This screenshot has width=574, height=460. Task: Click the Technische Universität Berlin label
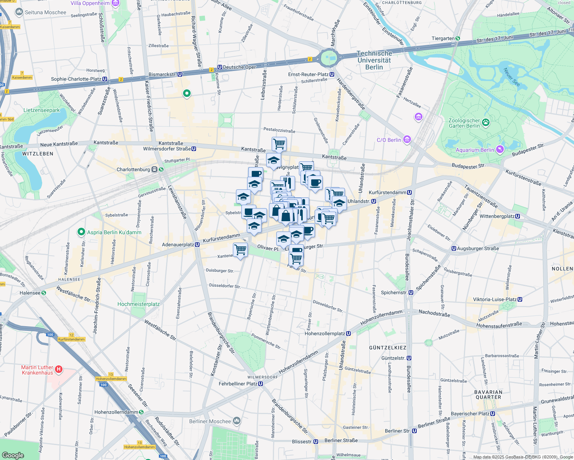374,60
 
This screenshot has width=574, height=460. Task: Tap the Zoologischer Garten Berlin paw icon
486,123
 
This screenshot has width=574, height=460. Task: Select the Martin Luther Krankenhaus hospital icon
59,370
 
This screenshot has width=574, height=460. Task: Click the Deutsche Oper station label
239,67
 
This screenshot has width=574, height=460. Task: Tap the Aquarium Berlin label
475,150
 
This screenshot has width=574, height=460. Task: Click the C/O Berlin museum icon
407,140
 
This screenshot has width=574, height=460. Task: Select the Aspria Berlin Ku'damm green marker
81,232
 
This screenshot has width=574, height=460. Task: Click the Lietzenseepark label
41,110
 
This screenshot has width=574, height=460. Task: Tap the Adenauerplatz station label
178,245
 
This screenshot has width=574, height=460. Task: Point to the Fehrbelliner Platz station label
238,384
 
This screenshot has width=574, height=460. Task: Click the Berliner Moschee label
210,421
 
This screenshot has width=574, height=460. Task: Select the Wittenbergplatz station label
497,216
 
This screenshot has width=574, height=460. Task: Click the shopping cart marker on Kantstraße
279,145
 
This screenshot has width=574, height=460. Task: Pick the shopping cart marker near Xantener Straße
240,250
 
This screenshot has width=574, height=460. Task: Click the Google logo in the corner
13,455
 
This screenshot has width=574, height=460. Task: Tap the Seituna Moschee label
45,12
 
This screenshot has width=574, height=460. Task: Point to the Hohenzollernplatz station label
325,333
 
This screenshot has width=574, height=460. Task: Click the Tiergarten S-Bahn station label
443,38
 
